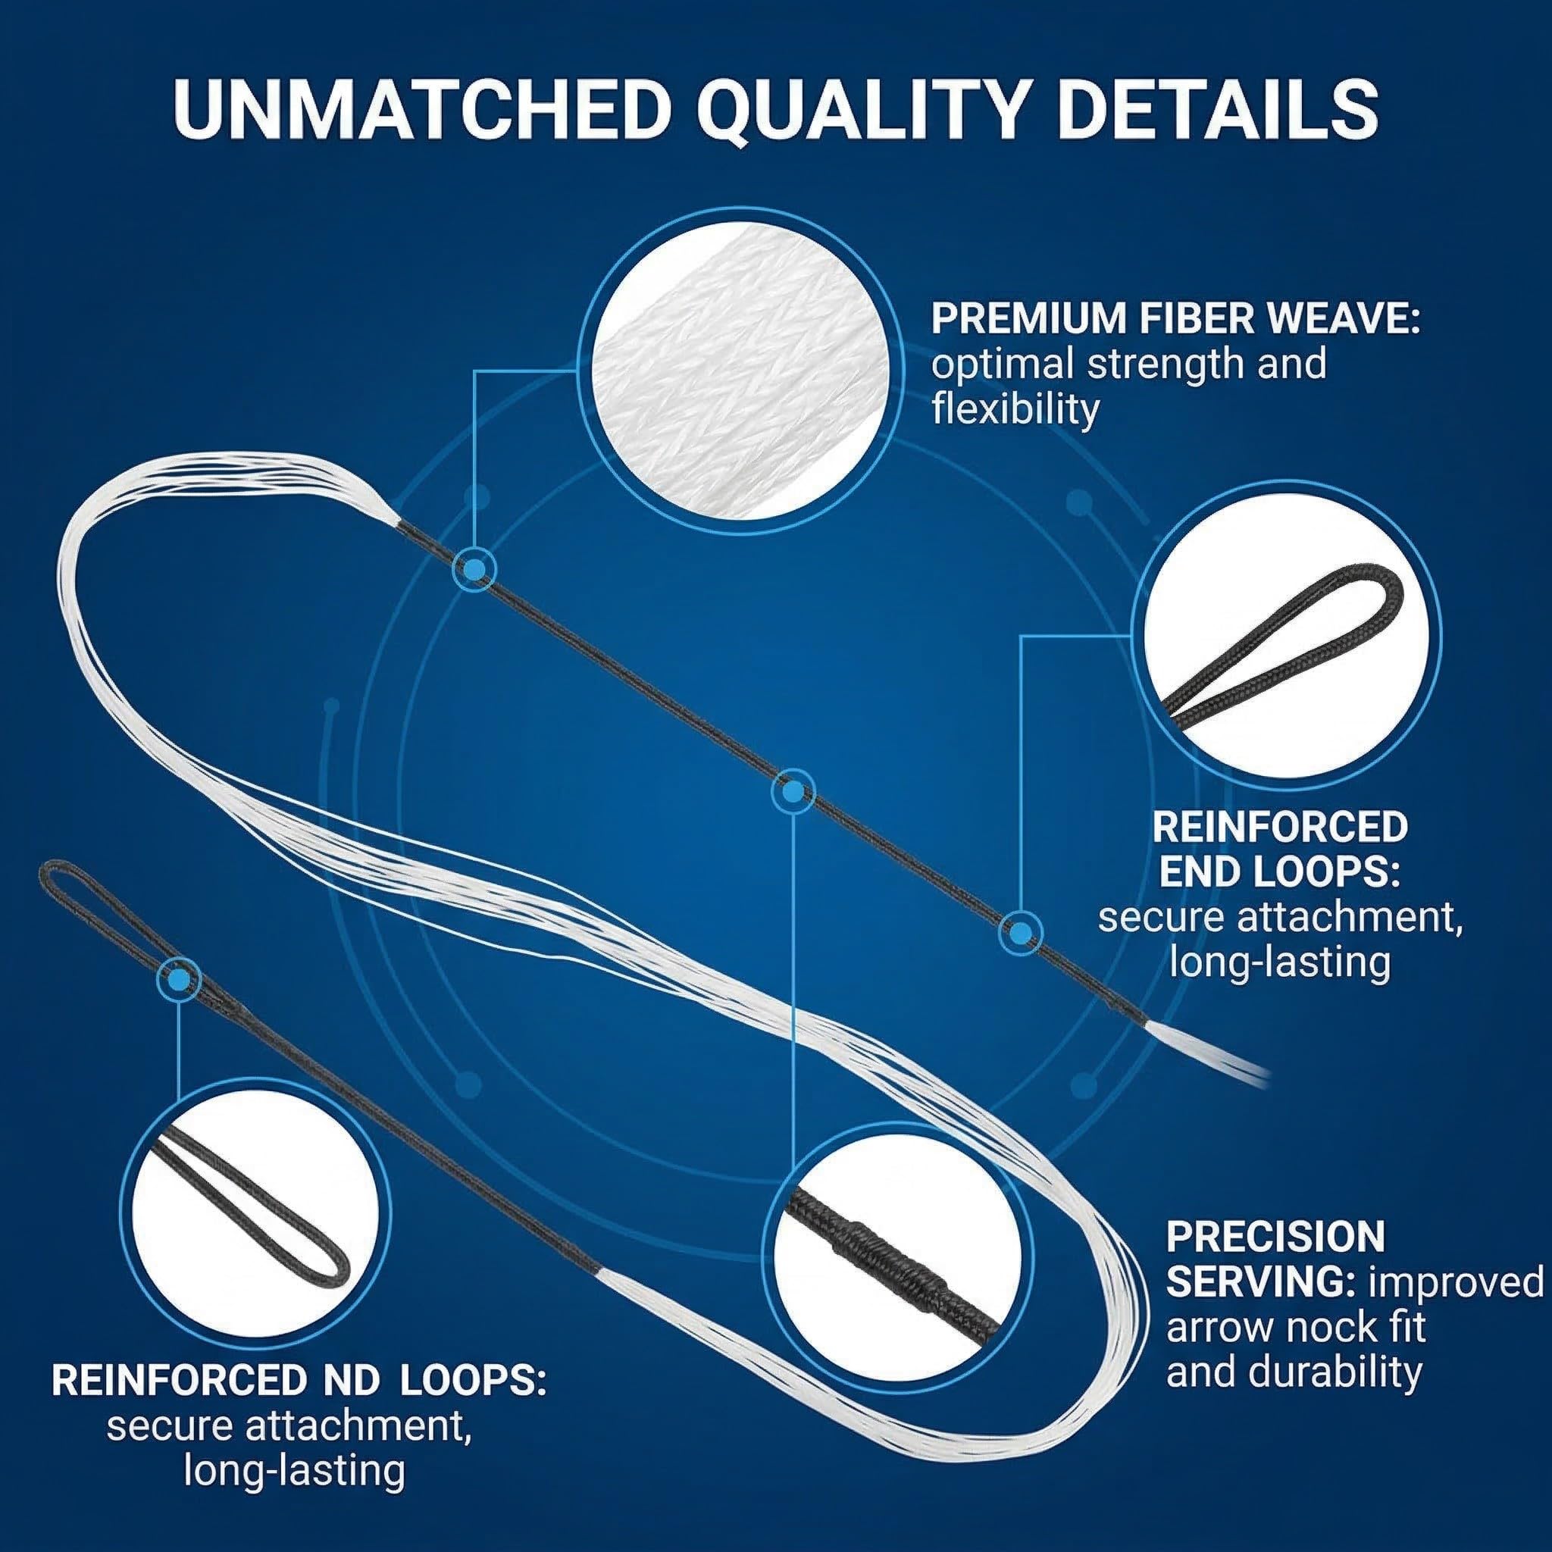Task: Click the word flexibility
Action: (x=1014, y=409)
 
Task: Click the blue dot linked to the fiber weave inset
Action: (x=474, y=570)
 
